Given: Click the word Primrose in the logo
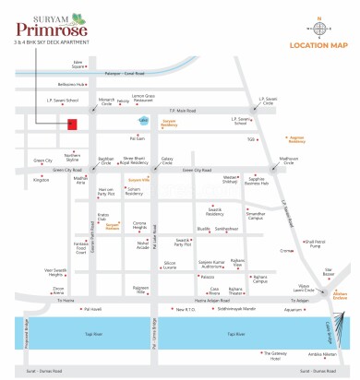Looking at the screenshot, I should tap(58, 28).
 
